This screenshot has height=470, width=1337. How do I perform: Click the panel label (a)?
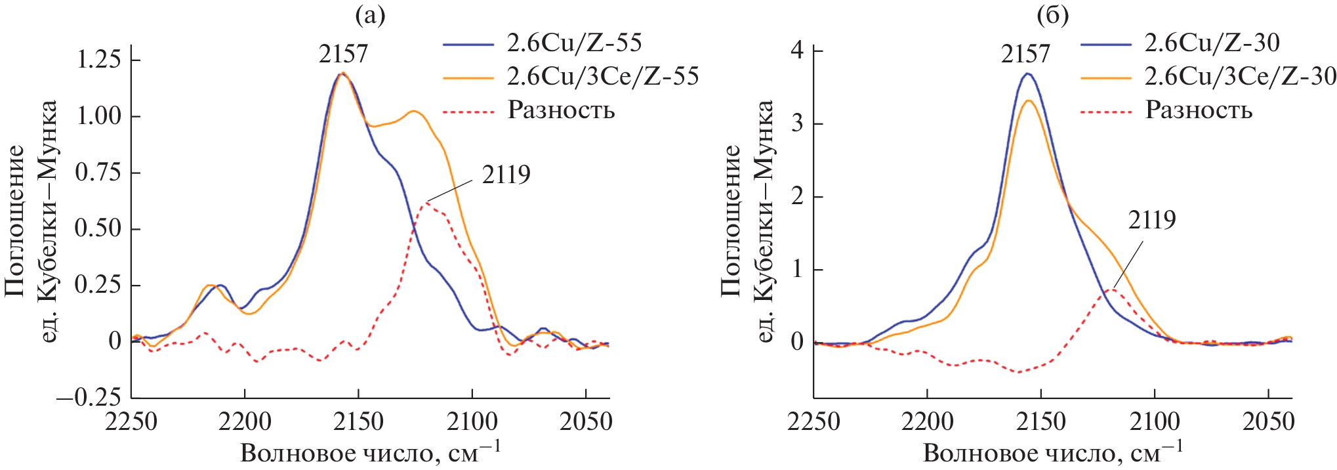[x=369, y=14]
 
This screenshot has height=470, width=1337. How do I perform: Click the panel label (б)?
[x=1052, y=14]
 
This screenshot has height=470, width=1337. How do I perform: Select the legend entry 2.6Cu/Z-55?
[x=573, y=43]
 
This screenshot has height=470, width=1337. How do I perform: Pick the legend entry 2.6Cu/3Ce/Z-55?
[x=602, y=76]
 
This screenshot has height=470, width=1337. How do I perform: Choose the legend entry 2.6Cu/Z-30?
[x=1211, y=43]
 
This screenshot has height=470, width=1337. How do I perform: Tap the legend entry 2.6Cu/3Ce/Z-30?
[x=1240, y=76]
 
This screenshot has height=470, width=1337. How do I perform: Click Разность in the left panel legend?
[x=561, y=110]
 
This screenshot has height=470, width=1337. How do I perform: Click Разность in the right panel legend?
[x=1199, y=110]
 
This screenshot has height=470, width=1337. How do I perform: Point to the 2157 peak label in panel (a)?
[x=343, y=54]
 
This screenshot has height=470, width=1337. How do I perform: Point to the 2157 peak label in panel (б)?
[x=1025, y=54]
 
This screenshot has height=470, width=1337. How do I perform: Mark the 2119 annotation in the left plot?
[x=506, y=175]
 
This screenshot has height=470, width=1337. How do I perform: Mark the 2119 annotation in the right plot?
[x=1152, y=220]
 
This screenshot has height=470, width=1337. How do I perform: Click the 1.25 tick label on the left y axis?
[x=99, y=59]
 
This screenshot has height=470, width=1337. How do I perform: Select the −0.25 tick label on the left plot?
[x=89, y=397]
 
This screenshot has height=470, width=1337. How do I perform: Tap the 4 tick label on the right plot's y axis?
[x=797, y=51]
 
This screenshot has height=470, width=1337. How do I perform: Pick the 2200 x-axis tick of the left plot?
[x=245, y=421]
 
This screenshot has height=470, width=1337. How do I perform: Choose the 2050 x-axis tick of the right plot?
[x=1268, y=421]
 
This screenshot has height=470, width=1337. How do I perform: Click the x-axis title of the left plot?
[x=370, y=452]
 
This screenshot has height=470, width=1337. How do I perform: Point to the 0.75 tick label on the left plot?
[x=99, y=172]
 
